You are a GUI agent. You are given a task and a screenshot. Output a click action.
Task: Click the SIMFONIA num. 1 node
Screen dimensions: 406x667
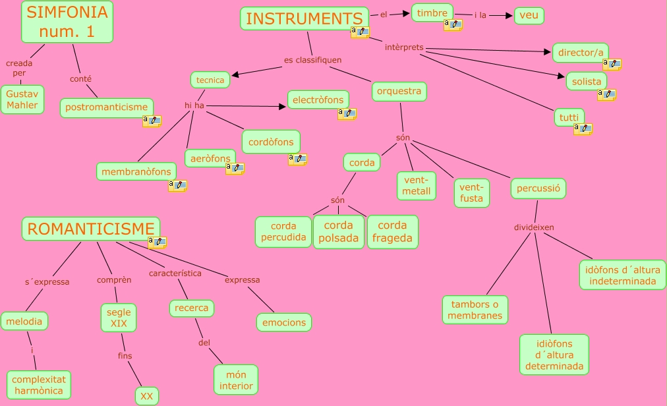pos(67,22)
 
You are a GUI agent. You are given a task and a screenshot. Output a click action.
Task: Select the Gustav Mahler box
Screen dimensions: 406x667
pos(22,99)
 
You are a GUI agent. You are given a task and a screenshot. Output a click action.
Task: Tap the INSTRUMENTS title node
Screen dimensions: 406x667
pos(304,18)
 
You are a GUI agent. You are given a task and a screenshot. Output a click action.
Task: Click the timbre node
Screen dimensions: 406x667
pos(432,13)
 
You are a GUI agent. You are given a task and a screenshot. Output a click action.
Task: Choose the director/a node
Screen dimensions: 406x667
pos(581,53)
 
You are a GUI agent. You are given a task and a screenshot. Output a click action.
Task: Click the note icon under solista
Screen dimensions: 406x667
pos(606,95)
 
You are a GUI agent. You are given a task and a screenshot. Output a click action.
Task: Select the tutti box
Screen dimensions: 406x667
pos(569,118)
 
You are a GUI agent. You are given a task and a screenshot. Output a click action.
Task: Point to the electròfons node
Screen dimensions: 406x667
pos(318,100)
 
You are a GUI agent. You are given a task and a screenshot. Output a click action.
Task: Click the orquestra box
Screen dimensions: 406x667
pos(399,92)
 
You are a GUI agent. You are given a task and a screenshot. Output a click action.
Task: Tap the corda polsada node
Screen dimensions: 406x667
pos(339,232)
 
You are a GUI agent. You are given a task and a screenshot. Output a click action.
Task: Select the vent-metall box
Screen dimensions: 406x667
pos(417,186)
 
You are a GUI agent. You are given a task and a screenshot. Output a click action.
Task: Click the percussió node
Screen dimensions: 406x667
pos(538,188)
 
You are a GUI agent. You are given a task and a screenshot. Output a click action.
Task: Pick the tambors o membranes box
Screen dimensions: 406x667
pos(475,310)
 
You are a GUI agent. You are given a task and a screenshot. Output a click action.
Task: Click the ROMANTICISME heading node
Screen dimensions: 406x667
pos(91,229)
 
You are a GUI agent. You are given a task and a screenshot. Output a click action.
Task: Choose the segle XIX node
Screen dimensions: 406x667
pos(119,317)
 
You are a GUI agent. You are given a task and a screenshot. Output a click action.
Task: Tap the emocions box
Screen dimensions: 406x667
pos(284,322)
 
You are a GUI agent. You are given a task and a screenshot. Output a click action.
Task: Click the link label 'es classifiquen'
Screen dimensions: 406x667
pos(313,60)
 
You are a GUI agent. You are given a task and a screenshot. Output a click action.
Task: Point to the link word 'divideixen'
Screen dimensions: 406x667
pos(534,227)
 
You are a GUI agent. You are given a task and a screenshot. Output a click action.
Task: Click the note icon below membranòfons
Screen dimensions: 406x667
pos(177,186)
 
